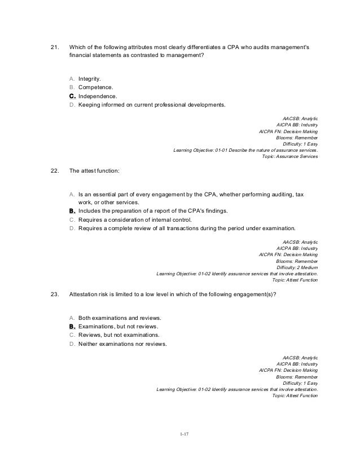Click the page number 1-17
179,434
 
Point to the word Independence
98,96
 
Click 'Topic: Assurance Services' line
290,156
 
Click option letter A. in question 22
72,194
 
